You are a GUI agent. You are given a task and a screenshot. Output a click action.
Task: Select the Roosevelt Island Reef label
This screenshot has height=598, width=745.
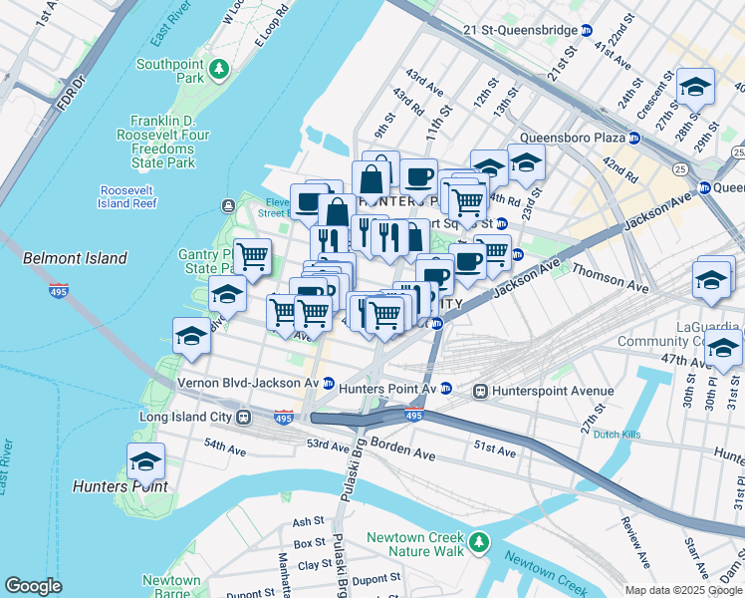[x=128, y=196]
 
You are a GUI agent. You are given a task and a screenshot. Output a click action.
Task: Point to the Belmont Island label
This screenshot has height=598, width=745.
[x=75, y=258]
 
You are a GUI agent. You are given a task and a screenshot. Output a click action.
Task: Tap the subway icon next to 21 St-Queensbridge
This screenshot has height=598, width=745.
[x=587, y=31]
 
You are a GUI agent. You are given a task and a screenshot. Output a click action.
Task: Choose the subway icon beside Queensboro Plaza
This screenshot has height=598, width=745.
[x=633, y=138]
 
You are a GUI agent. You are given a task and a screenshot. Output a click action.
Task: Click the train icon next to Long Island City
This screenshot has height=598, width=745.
[x=242, y=418]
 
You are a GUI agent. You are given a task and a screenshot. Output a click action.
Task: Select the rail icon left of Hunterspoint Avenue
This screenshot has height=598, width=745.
[x=480, y=391]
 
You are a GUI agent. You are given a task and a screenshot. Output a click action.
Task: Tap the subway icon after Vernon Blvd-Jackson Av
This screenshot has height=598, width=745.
[x=328, y=383]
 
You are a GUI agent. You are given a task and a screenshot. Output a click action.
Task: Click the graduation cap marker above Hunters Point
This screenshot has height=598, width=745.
[x=145, y=462]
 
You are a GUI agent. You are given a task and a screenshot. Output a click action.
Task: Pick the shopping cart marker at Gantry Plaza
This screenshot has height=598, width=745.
[x=253, y=257]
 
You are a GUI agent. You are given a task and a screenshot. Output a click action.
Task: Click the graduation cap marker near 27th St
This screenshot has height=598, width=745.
[x=695, y=87]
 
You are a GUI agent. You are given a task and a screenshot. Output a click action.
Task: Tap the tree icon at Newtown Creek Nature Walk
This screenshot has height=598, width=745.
[x=480, y=541]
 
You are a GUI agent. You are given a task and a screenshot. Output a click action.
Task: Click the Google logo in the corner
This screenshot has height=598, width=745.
[x=33, y=586]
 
